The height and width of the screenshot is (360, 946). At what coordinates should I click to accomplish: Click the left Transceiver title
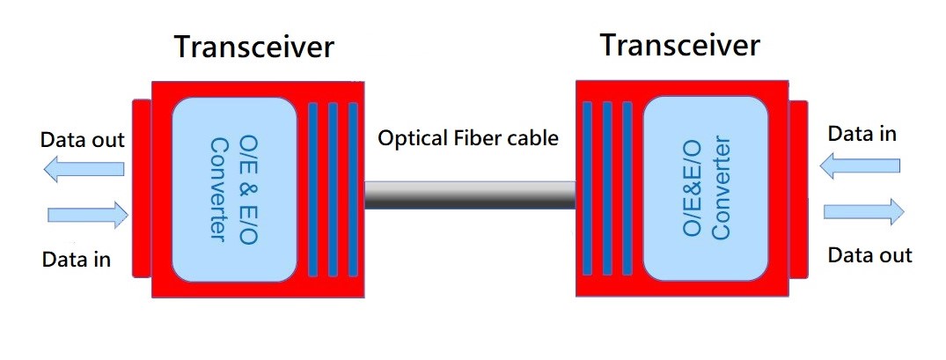click(x=254, y=47)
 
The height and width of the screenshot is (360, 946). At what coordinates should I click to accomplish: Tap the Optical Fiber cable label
click(x=467, y=138)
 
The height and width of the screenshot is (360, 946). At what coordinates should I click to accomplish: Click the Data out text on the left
click(x=83, y=140)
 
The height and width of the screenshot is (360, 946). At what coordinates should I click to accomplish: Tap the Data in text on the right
click(x=862, y=134)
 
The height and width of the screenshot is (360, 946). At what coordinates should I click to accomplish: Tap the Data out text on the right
click(x=870, y=255)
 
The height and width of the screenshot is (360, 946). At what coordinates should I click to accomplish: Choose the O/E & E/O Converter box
click(x=234, y=188)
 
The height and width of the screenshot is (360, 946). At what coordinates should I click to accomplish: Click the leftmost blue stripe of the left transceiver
click(x=312, y=189)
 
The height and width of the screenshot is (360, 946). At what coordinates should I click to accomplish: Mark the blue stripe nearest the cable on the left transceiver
click(x=354, y=189)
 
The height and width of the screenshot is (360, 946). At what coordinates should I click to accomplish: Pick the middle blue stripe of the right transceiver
click(x=606, y=189)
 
